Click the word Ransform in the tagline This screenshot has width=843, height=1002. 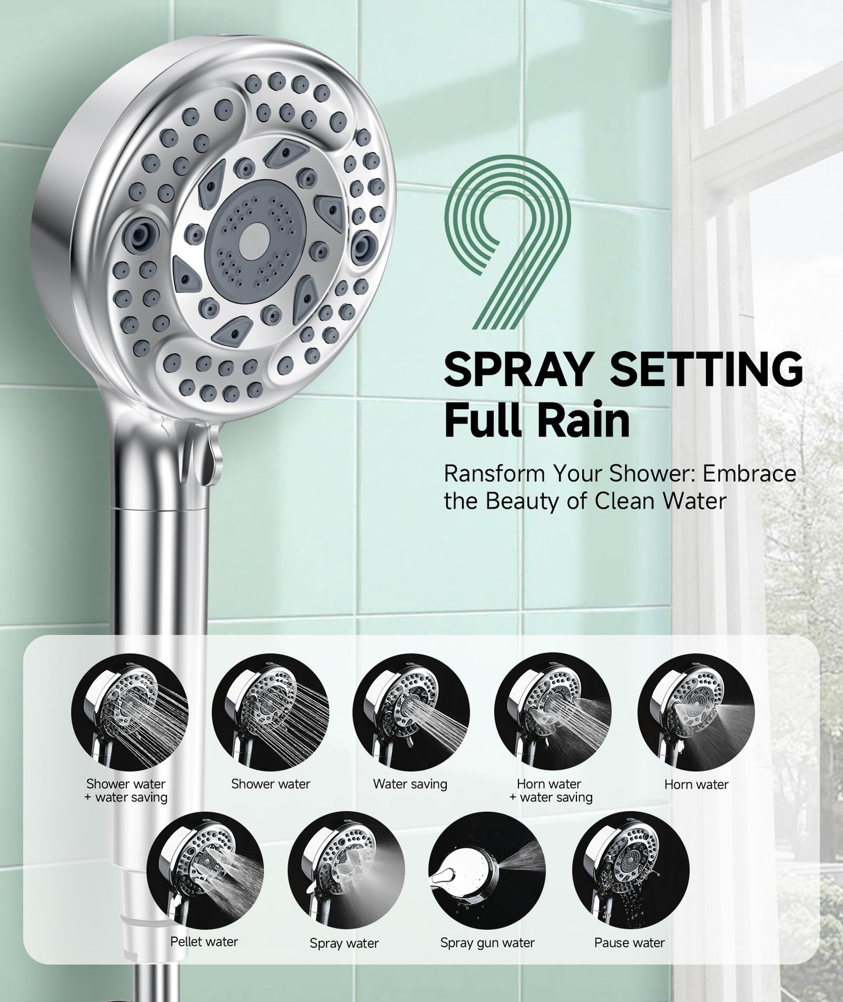(491, 473)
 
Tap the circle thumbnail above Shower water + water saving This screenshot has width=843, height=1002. (130, 711)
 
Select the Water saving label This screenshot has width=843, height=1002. (410, 784)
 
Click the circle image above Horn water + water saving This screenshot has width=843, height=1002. (552, 711)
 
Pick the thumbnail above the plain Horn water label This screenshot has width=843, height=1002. (695, 711)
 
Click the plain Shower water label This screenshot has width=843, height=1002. (270, 784)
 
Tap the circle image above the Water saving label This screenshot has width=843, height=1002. (411, 711)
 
